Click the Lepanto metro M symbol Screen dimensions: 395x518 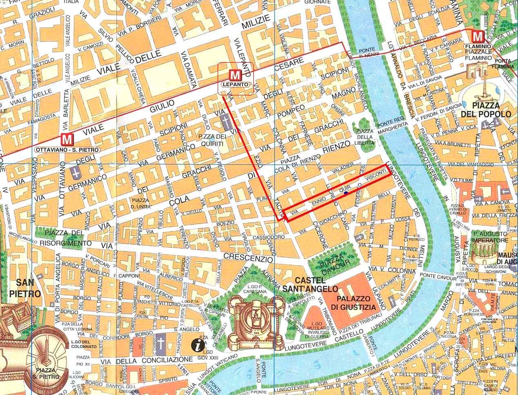tap(234, 75)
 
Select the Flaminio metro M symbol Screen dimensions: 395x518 tap(477, 37)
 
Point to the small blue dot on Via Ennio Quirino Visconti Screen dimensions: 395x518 tap(346, 193)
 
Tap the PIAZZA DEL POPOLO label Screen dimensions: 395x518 tap(486, 109)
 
